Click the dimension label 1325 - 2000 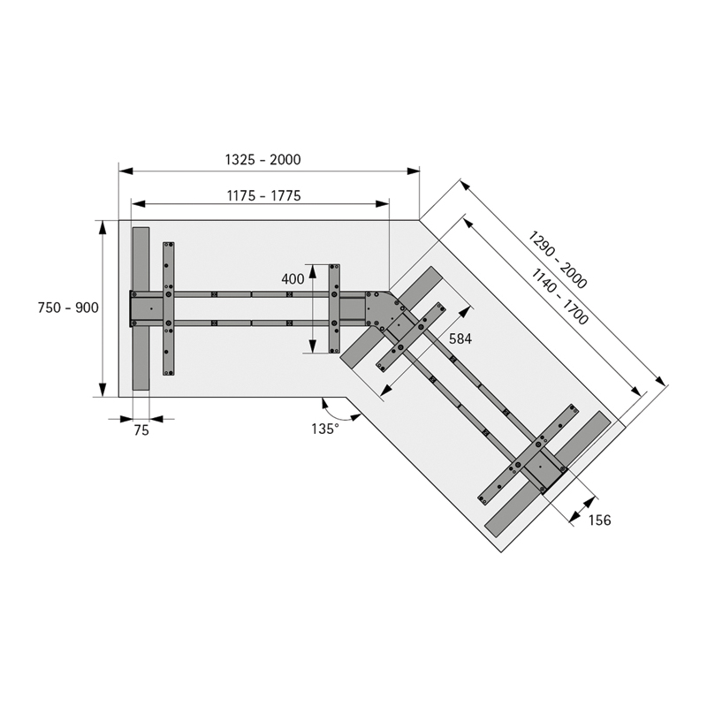pyautogui.click(x=262, y=160)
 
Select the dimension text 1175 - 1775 pyautogui.click(x=263, y=195)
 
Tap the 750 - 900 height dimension pyautogui.click(x=68, y=308)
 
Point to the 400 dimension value pyautogui.click(x=293, y=279)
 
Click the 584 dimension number pyautogui.click(x=460, y=338)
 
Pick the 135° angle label pyautogui.click(x=325, y=429)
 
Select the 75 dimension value pyautogui.click(x=141, y=431)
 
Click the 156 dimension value pyautogui.click(x=600, y=520)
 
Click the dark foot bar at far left pyautogui.click(x=140, y=308)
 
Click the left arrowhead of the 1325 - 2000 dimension pyautogui.click(x=124, y=170)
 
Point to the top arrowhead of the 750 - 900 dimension pyautogui.click(x=103, y=225)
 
